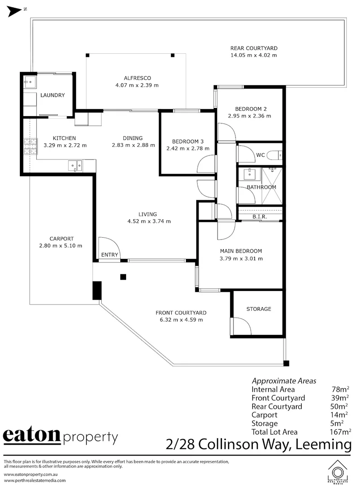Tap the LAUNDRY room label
(52, 95)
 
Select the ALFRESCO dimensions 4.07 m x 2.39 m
(137, 85)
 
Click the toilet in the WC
(274, 155)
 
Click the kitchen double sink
(75, 166)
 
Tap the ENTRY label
(109, 255)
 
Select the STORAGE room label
(259, 309)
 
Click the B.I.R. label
(260, 217)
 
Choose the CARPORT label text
(62, 239)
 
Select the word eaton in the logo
(32, 436)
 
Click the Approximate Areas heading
(284, 380)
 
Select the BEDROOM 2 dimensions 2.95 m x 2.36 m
(253, 116)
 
